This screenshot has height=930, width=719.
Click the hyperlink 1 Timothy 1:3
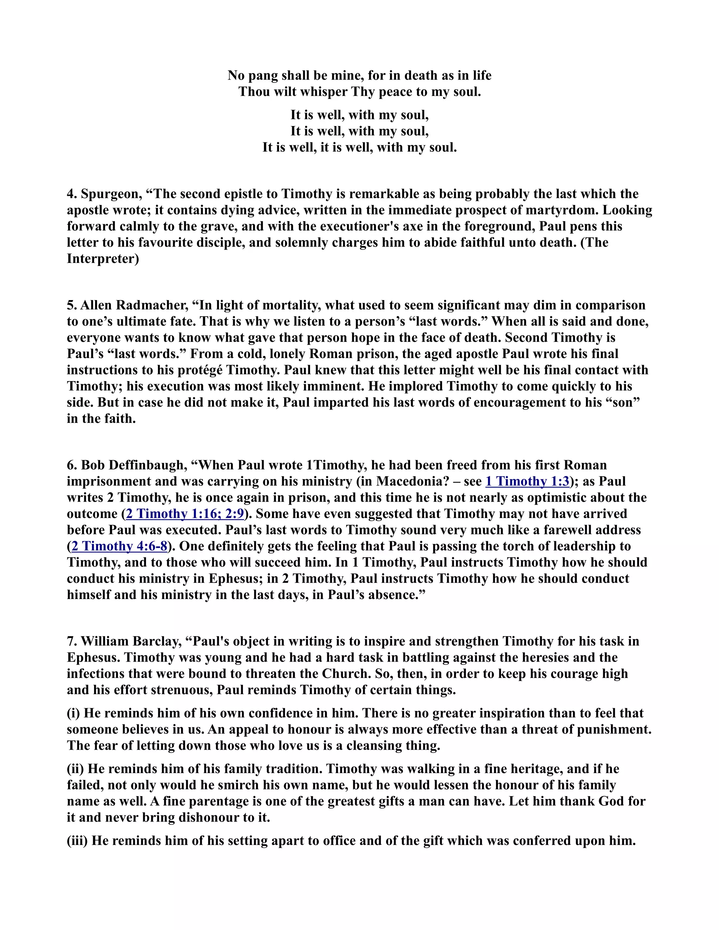[x=527, y=481]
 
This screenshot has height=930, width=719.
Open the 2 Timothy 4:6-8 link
[x=119, y=546]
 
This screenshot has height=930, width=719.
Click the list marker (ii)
[x=75, y=769]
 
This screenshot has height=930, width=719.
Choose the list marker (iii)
[x=77, y=841]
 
